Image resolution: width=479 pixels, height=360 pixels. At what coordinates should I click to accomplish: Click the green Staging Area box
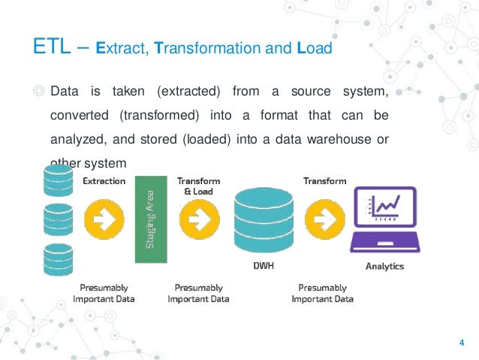(x=149, y=219)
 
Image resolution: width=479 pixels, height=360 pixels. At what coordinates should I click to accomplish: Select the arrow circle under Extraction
(x=104, y=219)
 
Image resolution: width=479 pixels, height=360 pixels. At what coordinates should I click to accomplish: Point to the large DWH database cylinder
(x=262, y=219)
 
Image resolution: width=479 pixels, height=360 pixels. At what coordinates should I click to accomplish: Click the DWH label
(x=261, y=266)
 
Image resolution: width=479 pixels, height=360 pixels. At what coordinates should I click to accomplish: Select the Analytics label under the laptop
(x=384, y=266)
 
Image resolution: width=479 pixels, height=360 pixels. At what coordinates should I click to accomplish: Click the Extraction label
(x=104, y=181)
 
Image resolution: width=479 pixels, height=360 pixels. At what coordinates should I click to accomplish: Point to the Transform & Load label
(x=197, y=186)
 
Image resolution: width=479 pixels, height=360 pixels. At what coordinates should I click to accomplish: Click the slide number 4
(x=461, y=343)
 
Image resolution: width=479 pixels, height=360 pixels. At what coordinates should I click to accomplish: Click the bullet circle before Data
(x=39, y=92)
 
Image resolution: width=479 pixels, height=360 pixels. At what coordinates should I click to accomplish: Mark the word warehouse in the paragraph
(x=336, y=139)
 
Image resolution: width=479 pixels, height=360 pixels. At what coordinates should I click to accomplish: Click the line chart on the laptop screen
(x=384, y=207)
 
